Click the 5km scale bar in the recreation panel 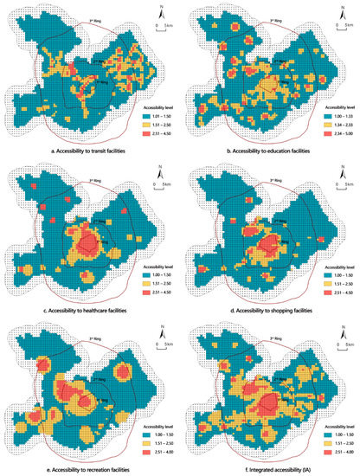tap(160, 344)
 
